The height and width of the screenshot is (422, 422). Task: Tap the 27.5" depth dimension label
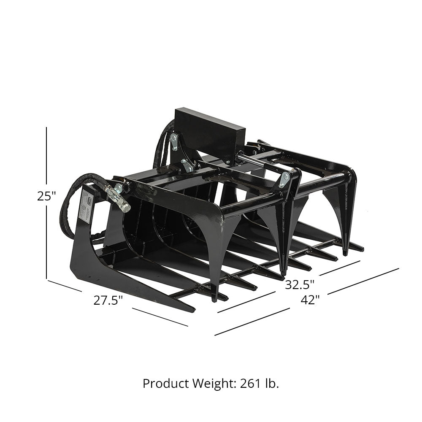(108, 300)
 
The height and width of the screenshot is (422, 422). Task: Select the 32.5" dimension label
(300, 284)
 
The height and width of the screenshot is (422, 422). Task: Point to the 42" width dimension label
(310, 300)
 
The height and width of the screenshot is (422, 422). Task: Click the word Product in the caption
(165, 384)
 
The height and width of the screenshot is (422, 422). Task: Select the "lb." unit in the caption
(272, 384)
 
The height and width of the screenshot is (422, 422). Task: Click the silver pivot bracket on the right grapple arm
(284, 179)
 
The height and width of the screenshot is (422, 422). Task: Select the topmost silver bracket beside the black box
(173, 141)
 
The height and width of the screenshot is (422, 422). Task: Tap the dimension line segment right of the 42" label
(363, 281)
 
